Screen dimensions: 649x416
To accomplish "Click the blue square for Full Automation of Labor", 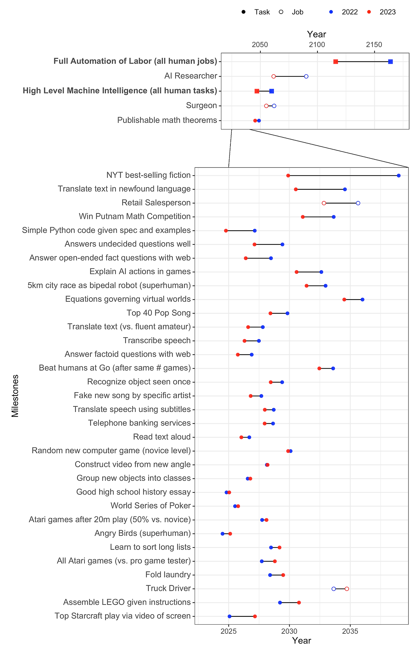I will click(390, 62).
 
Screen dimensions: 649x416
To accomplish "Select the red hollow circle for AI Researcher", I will click(274, 76).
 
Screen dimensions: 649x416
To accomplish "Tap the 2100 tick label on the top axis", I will click(317, 45).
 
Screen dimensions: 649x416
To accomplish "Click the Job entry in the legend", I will click(297, 12).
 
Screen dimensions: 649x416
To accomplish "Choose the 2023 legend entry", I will click(387, 12).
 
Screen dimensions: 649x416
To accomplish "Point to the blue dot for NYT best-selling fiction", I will click(399, 176).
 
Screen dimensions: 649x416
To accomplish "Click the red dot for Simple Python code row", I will click(226, 231).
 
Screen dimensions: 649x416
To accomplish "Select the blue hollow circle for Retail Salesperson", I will click(358, 203).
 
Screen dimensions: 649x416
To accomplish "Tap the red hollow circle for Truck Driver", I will click(347, 589).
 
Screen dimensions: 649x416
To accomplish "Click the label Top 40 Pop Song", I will click(159, 313).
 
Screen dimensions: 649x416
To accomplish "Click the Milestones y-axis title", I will click(15, 396).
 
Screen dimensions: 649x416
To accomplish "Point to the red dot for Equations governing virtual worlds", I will click(344, 299).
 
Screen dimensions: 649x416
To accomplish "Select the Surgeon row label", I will click(201, 106).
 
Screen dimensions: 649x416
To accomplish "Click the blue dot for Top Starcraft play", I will click(229, 616).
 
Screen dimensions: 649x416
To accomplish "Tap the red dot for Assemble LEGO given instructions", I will click(299, 603).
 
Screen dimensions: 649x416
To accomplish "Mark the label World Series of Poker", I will click(150, 506).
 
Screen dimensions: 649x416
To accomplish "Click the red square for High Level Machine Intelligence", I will click(257, 91).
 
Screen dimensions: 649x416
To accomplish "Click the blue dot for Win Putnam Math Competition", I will click(333, 217).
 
